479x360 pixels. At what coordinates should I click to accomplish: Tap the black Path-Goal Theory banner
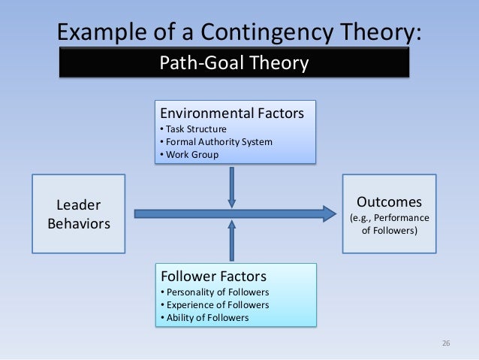click(234, 63)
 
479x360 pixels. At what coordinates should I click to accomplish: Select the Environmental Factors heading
click(232, 113)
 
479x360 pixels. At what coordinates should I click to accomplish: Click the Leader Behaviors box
click(78, 213)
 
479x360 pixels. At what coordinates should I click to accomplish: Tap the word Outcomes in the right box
click(389, 202)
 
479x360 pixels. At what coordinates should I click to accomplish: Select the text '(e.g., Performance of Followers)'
click(389, 225)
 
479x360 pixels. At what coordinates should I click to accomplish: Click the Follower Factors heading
click(213, 276)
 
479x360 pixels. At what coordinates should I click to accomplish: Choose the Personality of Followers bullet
click(215, 292)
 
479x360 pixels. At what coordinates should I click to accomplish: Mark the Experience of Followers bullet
click(215, 304)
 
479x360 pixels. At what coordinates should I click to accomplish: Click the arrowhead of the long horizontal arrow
click(328, 213)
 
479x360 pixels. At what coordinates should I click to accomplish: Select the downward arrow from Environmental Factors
click(231, 186)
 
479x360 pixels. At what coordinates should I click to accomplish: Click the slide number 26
click(445, 344)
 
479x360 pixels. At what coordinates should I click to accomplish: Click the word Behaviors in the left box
click(78, 223)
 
